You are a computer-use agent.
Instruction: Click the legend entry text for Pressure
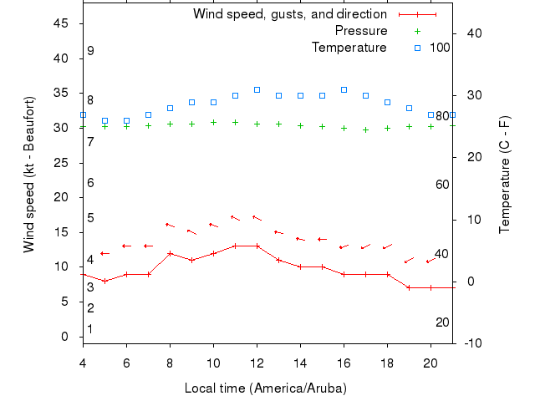pos(361,31)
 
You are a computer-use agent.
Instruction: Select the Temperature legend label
pos(349,47)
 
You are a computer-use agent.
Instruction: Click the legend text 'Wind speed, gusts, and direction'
pos(290,14)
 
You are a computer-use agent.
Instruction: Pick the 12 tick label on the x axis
pos(257,363)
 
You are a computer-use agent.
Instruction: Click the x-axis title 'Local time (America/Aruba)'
pos(266,388)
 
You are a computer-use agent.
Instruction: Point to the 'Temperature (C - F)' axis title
pos(505,174)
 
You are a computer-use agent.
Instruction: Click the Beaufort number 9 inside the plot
pos(90,51)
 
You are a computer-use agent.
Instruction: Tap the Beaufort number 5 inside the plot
pos(90,218)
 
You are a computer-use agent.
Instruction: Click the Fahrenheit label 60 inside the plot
pos(443,184)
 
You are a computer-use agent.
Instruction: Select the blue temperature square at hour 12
pos(257,89)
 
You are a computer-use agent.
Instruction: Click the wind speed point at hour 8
pos(171,253)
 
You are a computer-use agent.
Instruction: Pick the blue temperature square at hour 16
pos(344,89)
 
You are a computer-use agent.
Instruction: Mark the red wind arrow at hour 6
pos(126,246)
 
